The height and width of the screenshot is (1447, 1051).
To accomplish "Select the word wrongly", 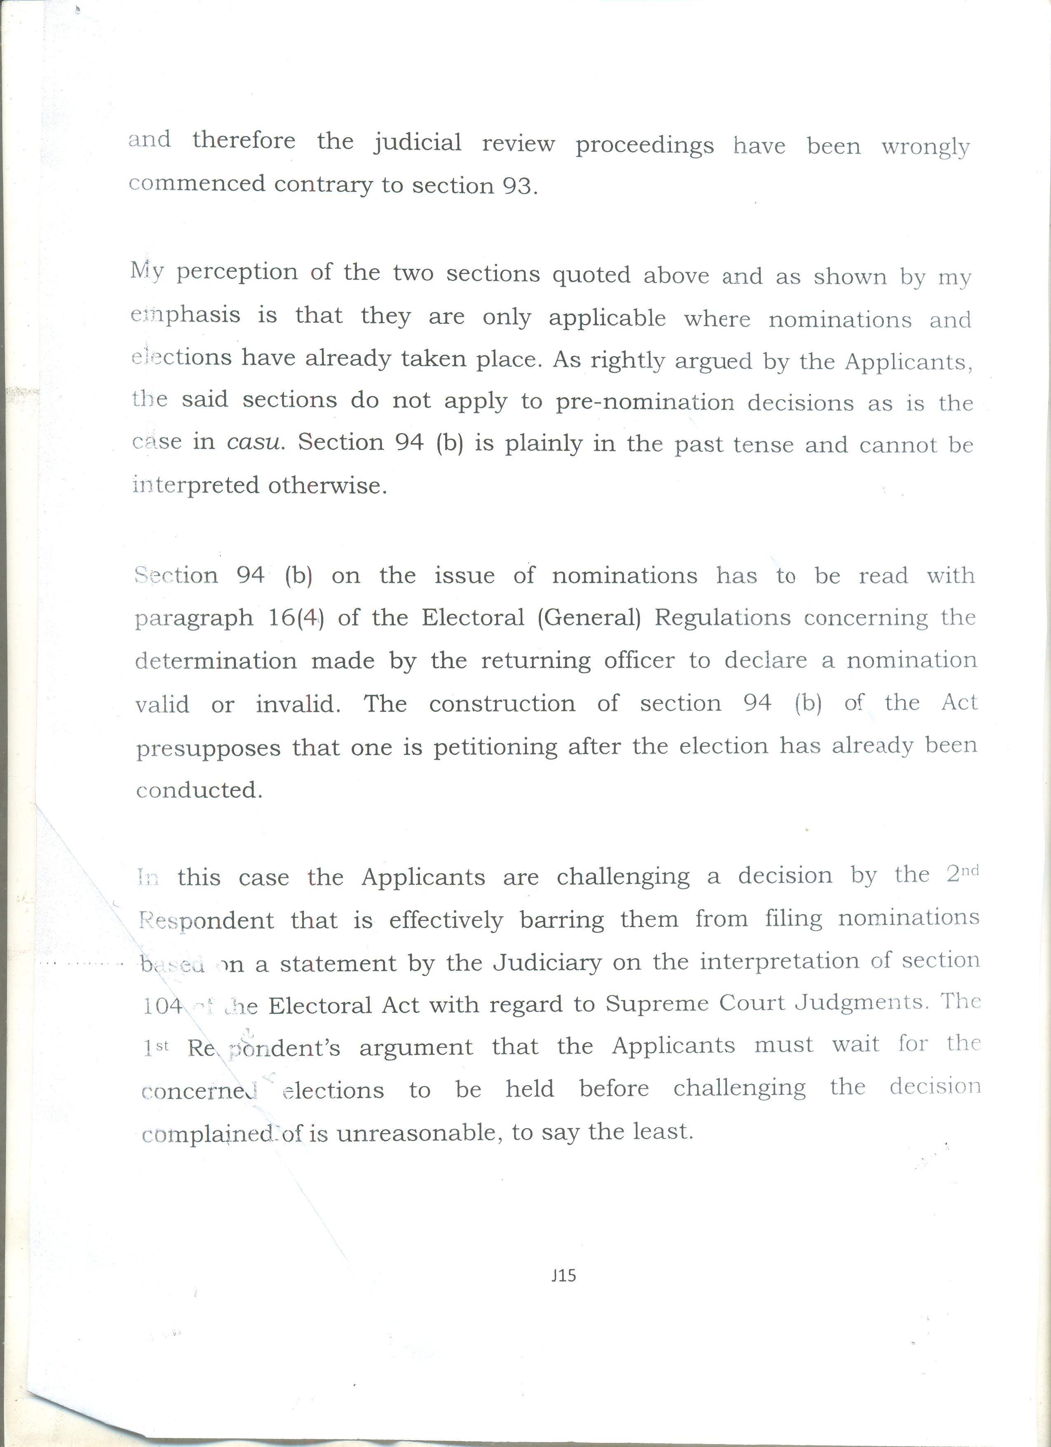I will (x=925, y=148).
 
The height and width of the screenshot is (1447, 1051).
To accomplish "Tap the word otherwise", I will (x=327, y=486).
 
